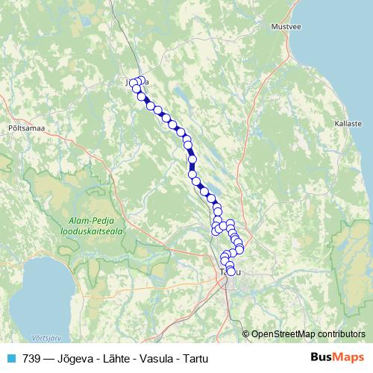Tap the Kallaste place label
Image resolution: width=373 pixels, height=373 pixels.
348,123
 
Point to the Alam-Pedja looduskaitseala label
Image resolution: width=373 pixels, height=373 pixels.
93,227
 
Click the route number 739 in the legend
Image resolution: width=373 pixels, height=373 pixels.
31,358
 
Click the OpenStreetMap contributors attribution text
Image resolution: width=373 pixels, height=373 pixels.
308,333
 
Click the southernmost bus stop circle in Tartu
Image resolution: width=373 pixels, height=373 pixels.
231,272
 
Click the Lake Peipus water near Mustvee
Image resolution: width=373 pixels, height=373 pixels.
328,45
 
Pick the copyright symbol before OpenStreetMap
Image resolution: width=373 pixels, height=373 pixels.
246,333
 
